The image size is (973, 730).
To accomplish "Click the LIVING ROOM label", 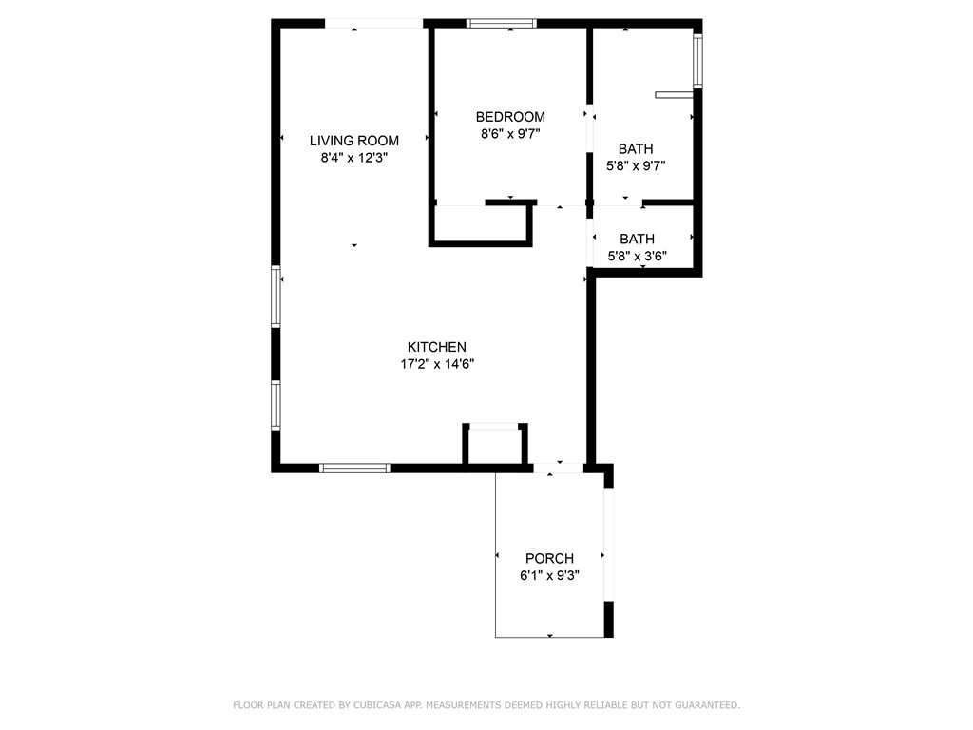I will tap(353, 141).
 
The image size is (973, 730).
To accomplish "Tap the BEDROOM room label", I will tap(510, 117).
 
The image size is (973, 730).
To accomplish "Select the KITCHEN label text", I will tap(436, 347).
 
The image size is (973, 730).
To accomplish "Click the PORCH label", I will tap(549, 558).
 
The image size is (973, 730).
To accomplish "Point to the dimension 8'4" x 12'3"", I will tap(353, 158).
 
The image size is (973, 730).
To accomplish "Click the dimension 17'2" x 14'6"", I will tap(436, 364).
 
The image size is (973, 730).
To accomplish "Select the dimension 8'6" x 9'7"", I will tap(510, 134).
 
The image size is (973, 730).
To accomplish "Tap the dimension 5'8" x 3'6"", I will tap(637, 256).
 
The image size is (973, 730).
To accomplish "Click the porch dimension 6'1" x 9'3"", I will tap(549, 575).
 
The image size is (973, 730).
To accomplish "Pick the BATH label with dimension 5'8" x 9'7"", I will tap(636, 148).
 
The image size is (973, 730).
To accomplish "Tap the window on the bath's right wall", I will tap(697, 61).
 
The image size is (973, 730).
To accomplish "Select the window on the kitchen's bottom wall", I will tap(354, 468).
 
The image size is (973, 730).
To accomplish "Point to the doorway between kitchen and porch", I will tap(558, 468).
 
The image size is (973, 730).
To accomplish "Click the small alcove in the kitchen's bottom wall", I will tap(494, 445).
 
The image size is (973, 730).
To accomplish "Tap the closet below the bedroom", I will tap(479, 224).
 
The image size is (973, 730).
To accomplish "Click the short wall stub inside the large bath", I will tap(675, 94).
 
